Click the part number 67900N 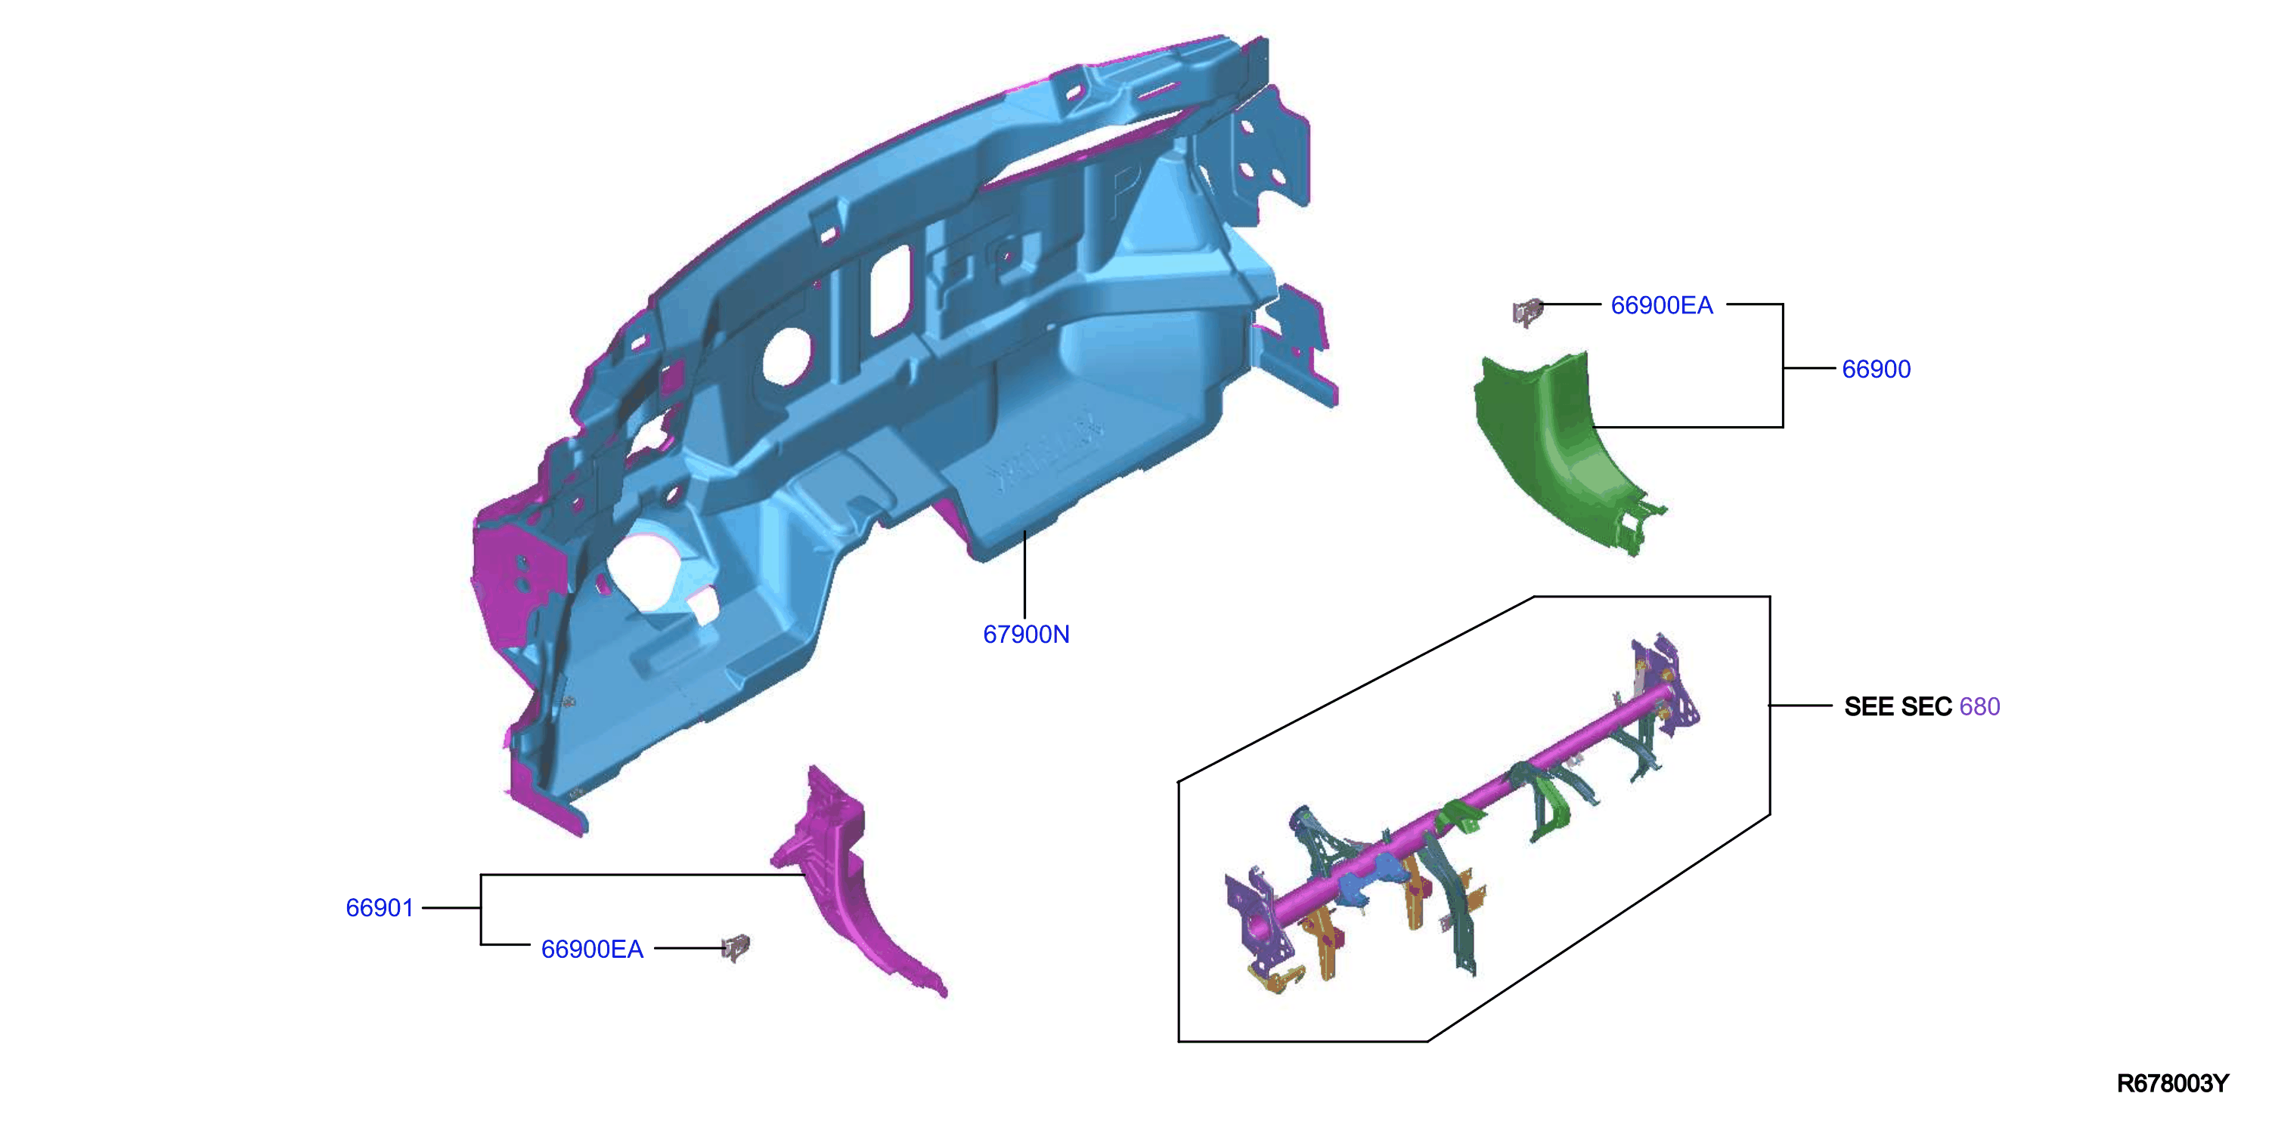pyautogui.click(x=1026, y=634)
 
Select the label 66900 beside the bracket pyautogui.click(x=1876, y=369)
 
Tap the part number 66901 pyautogui.click(x=380, y=907)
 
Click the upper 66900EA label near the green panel pyautogui.click(x=1661, y=305)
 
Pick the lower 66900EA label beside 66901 pyautogui.click(x=592, y=949)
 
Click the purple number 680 pyautogui.click(x=1979, y=706)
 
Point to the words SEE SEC pyautogui.click(x=1898, y=706)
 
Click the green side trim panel pyautogui.click(x=1559, y=450)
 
